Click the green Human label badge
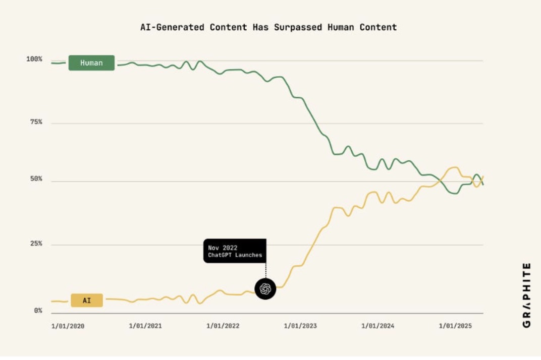coord(91,63)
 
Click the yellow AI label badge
coord(87,301)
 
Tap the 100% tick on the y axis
coord(34,59)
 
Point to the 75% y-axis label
coord(34,122)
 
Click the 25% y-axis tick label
coord(34,244)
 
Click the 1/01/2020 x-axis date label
coord(68,326)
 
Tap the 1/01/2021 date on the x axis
coord(145,326)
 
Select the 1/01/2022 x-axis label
coord(223,326)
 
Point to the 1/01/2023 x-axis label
coord(300,326)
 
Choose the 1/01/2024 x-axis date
coord(377,326)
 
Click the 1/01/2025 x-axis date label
coord(455,326)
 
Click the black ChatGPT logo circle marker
coord(265,288)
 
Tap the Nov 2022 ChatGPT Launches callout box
coord(235,251)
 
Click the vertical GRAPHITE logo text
coord(526,295)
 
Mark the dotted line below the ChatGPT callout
coord(265,270)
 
